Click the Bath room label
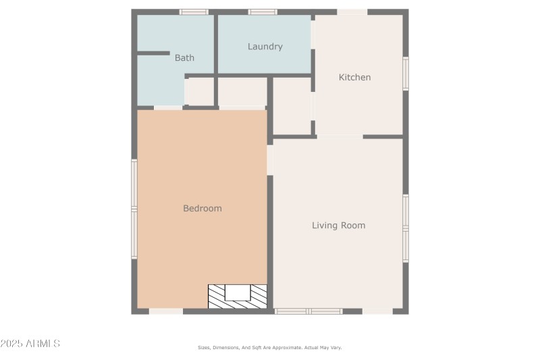pos(184,58)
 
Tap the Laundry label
pos(265,47)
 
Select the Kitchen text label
pos(354,77)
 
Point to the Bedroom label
pos(202,208)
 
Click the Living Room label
pos(338,225)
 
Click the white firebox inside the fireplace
pos(238,292)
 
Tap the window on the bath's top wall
pos(194,11)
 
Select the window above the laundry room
pos(263,11)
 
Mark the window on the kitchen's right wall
pos(406,74)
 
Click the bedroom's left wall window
pos(134,209)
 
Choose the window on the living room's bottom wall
pos(308,311)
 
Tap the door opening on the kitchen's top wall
pos(352,11)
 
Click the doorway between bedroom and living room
pos(270,160)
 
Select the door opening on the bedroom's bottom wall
pos(166,311)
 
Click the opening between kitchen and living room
pos(340,136)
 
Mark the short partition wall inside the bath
pos(153,53)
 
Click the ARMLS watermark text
pos(30,344)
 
